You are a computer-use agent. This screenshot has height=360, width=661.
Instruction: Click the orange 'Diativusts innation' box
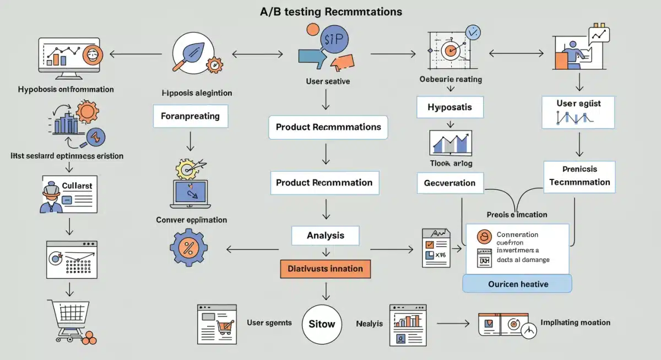click(325, 269)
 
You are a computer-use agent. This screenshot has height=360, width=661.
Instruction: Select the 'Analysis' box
click(325, 235)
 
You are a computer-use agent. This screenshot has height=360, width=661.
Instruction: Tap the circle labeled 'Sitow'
click(322, 324)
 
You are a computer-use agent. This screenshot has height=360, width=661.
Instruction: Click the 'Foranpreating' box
click(190, 116)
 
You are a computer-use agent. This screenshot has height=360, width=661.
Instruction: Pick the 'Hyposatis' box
click(449, 107)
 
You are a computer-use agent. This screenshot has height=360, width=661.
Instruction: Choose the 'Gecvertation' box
click(449, 183)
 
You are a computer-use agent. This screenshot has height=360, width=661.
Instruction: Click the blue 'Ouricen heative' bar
click(517, 283)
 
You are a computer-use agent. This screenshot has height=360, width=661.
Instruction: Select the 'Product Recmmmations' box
click(328, 127)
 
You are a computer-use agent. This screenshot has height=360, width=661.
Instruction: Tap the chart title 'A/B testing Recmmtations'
click(330, 12)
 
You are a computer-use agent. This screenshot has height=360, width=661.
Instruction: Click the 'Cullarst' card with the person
click(69, 194)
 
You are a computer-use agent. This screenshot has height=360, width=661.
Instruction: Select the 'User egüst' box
click(578, 112)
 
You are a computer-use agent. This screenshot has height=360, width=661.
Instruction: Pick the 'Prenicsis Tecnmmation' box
click(579, 176)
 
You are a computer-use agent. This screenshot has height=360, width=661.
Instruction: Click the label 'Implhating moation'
click(575, 323)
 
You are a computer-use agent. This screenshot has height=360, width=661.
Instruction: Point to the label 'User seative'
click(328, 81)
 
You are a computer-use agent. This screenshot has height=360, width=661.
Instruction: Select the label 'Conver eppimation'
click(191, 220)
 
